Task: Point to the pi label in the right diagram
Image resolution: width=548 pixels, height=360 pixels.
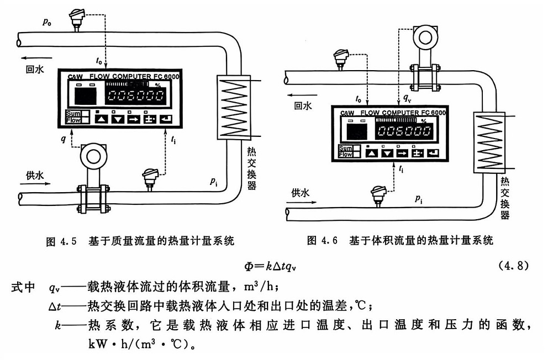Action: (x=419, y=199)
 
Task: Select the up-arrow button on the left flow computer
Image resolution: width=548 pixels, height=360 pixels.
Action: (x=101, y=118)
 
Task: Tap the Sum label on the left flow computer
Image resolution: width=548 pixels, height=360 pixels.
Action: (x=72, y=114)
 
